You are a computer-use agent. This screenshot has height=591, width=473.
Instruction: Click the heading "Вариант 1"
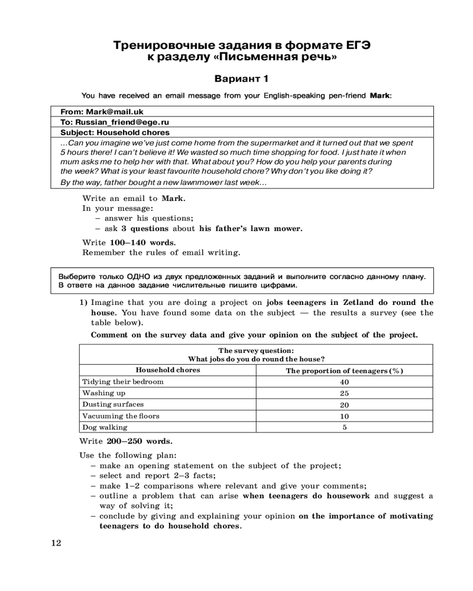241,79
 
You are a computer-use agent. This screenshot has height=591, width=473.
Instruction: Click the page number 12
55,543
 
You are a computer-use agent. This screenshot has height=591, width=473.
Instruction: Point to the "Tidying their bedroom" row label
123,382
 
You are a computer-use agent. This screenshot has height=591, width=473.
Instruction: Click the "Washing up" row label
104,393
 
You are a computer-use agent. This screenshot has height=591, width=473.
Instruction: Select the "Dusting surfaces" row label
113,404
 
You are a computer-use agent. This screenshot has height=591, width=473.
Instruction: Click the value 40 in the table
344,382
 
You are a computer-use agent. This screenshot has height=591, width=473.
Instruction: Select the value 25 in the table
344,393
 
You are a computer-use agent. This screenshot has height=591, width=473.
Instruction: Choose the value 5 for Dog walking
344,427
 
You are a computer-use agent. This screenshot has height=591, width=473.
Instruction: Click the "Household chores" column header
168,370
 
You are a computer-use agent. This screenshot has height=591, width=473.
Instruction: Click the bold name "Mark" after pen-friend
380,95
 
